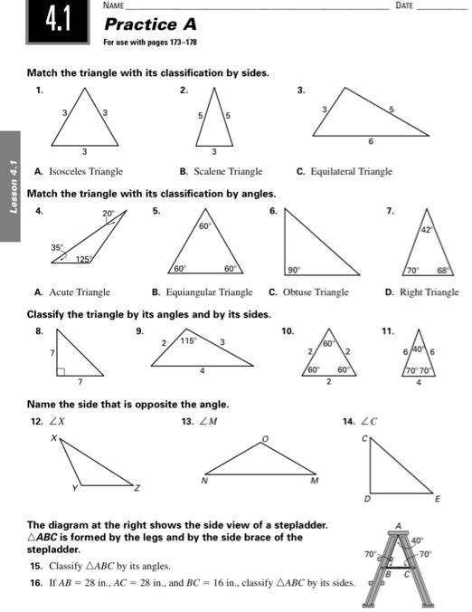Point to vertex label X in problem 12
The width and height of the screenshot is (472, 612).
coord(52,437)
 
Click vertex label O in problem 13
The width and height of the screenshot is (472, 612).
coord(265,437)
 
